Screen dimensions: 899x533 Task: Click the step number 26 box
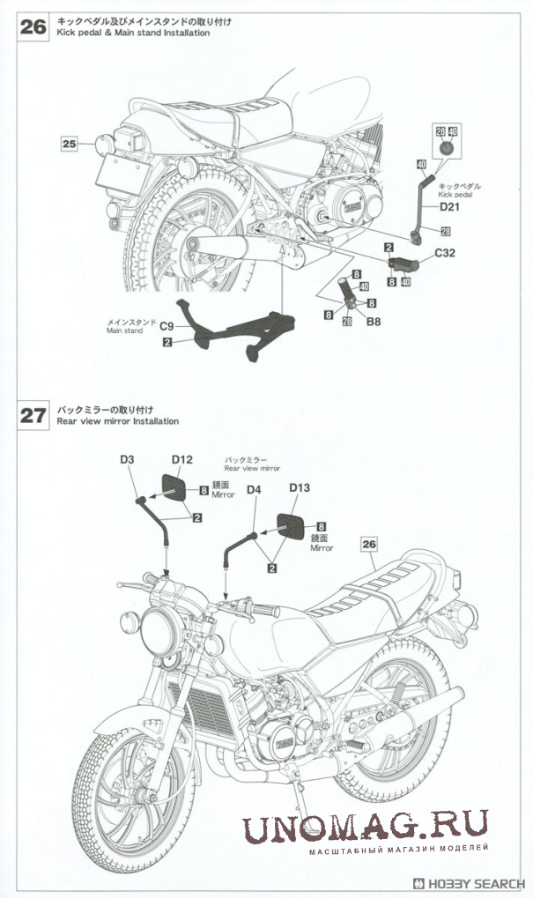tap(32, 26)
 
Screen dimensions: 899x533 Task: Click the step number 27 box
tap(32, 415)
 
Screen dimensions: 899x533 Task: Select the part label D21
tap(450, 209)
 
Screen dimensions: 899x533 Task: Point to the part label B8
tap(374, 323)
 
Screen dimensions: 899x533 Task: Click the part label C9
tap(166, 326)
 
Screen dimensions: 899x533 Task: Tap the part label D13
tap(300, 487)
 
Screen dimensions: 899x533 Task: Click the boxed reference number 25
tap(70, 142)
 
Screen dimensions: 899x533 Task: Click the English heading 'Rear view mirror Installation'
tap(117, 421)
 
